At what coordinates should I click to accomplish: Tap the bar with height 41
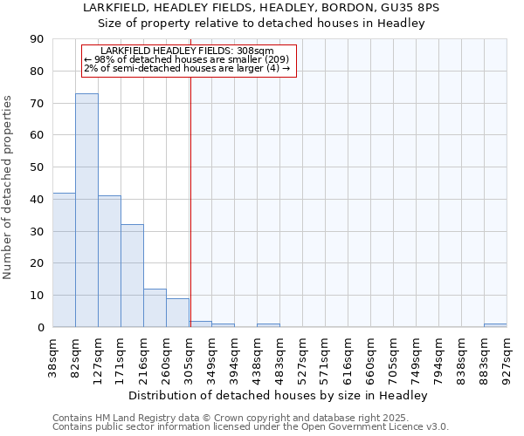point(109,262)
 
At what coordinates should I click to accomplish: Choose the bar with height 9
point(177,313)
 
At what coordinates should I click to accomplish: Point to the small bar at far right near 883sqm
point(495,325)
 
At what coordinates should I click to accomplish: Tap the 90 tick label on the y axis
point(37,39)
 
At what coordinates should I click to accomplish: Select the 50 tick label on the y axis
point(37,167)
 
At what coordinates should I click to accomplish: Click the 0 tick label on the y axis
point(40,328)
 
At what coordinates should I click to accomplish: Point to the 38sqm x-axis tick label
point(53,356)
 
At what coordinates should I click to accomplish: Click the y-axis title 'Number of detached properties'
point(8,187)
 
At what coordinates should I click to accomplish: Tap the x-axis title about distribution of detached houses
point(279,395)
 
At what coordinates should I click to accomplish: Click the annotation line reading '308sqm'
point(188,51)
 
